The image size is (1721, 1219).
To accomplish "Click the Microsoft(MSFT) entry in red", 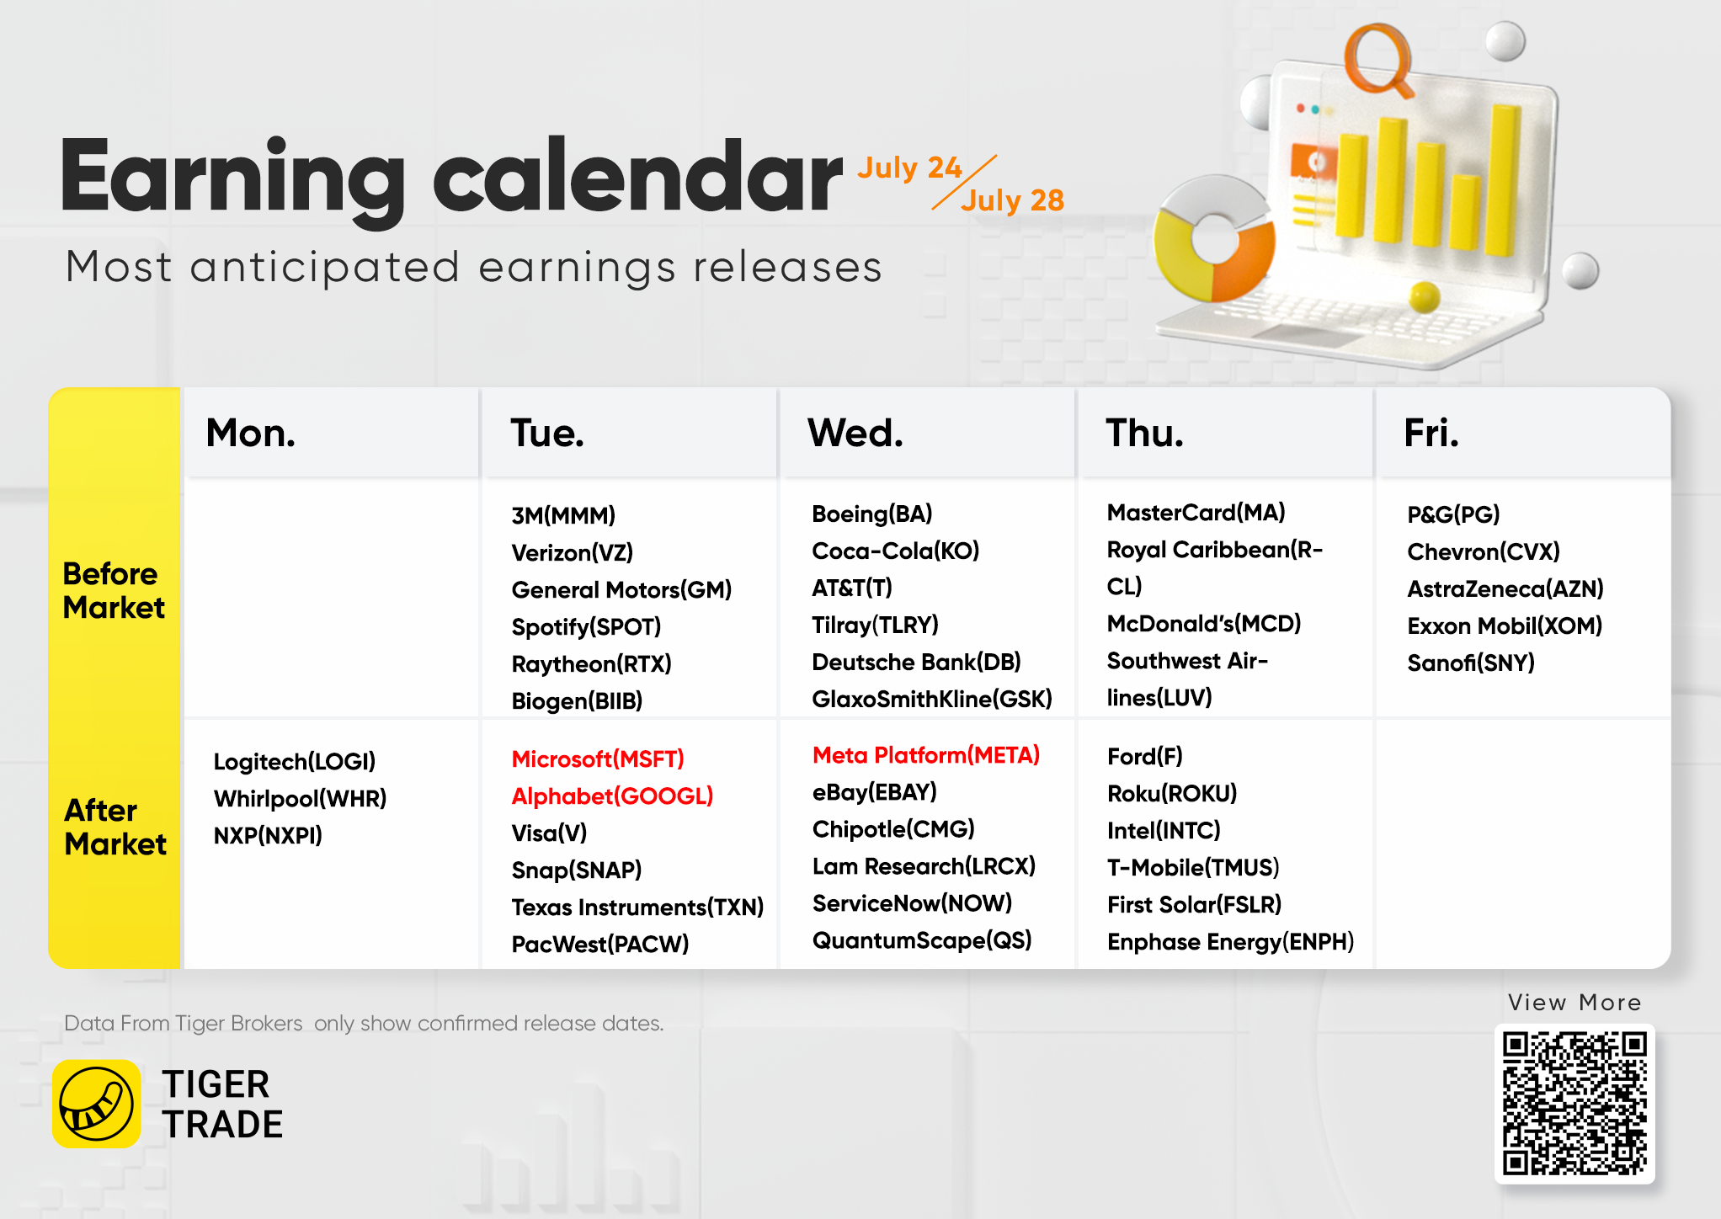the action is click(598, 759).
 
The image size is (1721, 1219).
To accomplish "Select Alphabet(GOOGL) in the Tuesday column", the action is click(612, 796).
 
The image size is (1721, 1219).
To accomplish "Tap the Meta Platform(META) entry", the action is click(926, 755).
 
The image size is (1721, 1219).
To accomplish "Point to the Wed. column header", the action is click(855, 433).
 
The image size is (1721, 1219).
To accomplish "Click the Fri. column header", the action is click(1431, 433).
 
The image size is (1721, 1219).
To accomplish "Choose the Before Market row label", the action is click(114, 590).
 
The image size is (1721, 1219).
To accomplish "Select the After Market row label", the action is click(115, 827).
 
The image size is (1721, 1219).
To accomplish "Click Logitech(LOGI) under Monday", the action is click(295, 762).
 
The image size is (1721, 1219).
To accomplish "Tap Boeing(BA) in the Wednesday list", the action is click(872, 514).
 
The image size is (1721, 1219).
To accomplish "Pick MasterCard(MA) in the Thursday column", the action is click(1196, 513).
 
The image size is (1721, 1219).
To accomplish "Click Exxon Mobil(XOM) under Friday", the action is click(1505, 626).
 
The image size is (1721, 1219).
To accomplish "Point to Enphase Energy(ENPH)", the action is click(1231, 942).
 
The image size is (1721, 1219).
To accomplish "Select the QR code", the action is click(1574, 1103).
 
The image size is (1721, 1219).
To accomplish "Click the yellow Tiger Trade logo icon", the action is click(97, 1104).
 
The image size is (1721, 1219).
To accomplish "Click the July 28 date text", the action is click(1013, 200).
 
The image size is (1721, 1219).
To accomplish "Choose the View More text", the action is click(1574, 1003).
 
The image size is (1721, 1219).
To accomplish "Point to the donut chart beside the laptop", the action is click(1214, 239).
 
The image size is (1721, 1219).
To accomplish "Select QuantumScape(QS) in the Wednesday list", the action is click(922, 940).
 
